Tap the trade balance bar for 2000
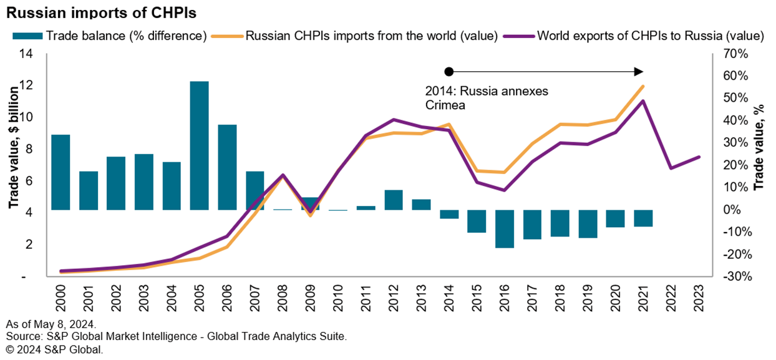click(x=61, y=172)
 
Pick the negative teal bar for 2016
click(x=505, y=228)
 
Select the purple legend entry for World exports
click(x=643, y=36)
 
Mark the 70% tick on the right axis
click(x=734, y=54)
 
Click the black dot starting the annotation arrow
click(x=448, y=71)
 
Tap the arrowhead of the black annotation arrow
click(x=639, y=71)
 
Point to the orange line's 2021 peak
click(x=643, y=86)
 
